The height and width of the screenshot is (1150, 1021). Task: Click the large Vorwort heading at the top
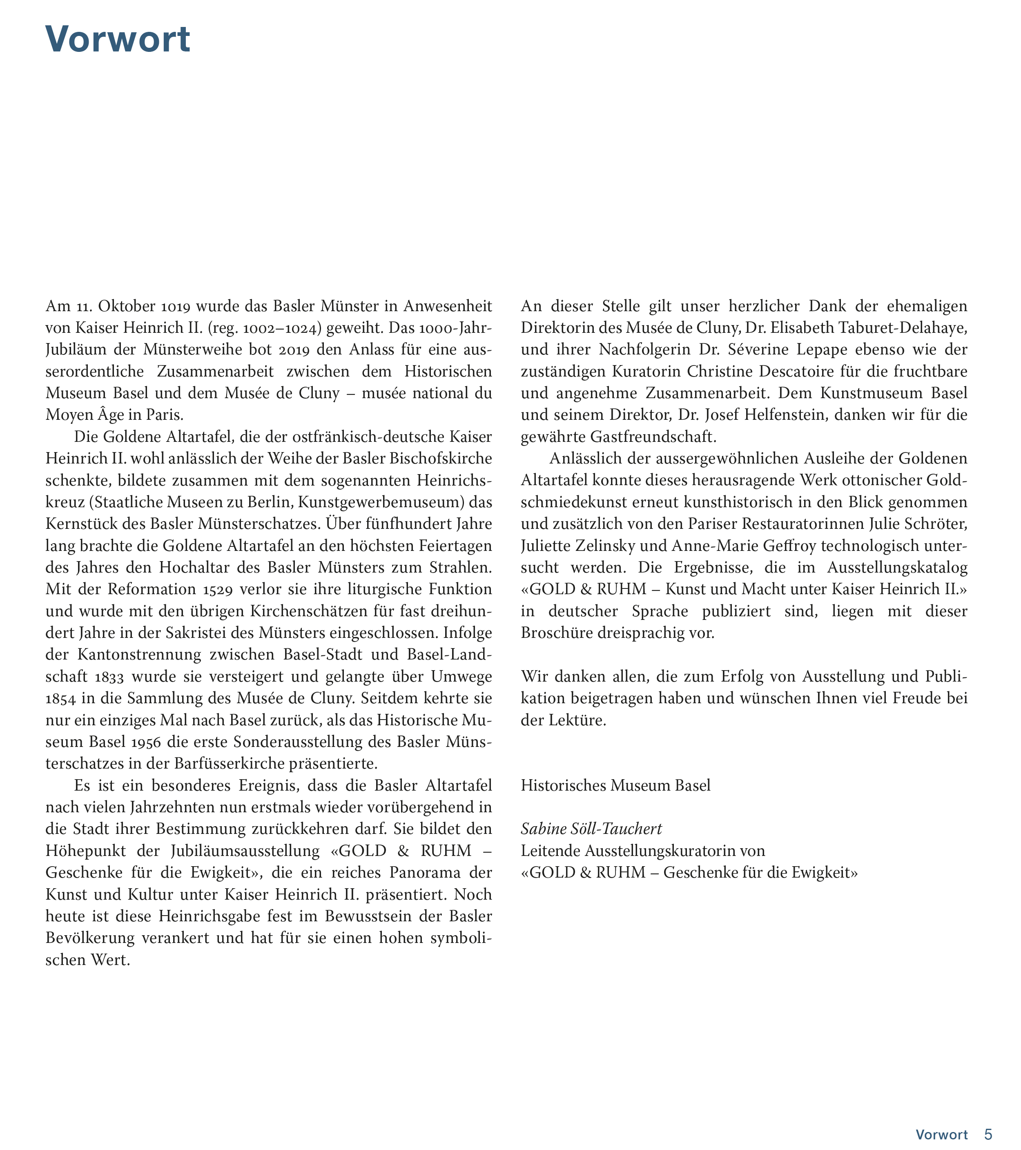point(118,39)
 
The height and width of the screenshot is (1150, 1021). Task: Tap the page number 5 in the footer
point(988,1134)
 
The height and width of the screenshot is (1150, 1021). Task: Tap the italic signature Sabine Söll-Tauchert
point(591,829)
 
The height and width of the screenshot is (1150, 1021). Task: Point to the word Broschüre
point(555,633)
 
